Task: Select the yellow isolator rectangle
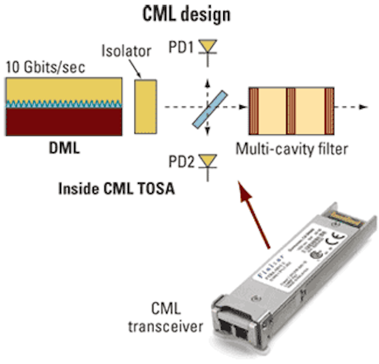tap(146, 106)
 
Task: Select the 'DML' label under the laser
tap(64, 148)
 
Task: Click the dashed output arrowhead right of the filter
tap(363, 107)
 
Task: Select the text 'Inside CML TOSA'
tap(117, 187)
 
